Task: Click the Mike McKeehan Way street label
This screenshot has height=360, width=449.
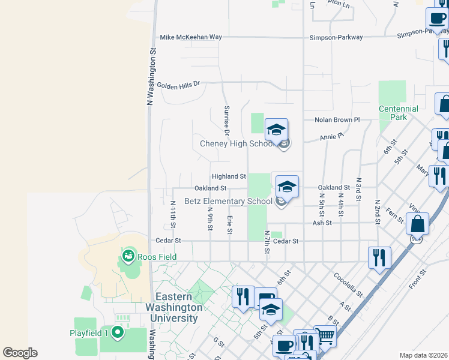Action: point(191,37)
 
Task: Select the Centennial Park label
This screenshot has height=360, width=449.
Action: point(399,113)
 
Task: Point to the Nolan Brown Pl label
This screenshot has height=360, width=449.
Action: point(337,120)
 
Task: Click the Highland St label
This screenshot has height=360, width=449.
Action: point(229,176)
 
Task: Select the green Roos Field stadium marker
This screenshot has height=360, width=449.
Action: point(127,256)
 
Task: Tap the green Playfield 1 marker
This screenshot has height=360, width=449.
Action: point(117,332)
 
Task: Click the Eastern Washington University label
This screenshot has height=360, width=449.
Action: point(176,307)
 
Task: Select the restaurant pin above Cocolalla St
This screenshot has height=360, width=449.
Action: point(379,257)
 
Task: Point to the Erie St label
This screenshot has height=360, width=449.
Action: point(229,225)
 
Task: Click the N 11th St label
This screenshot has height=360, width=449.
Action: point(173,215)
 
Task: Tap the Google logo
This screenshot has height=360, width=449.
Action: point(20,353)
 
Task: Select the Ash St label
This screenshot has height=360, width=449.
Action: point(322,223)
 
